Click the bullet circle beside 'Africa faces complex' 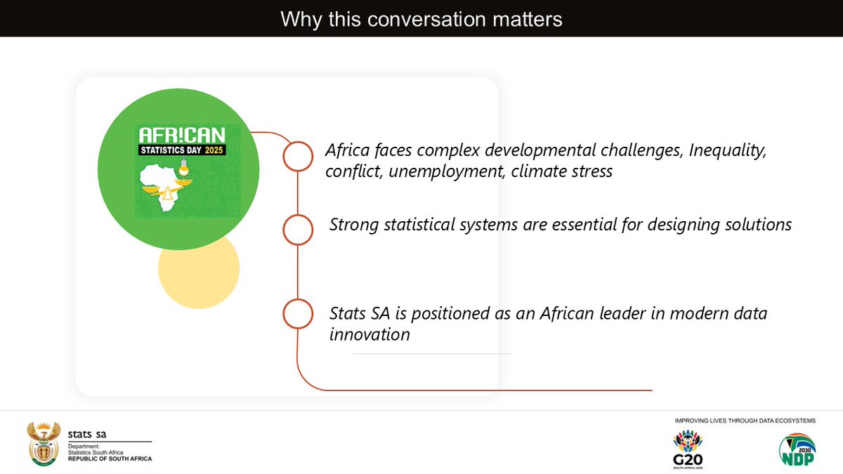(298, 156)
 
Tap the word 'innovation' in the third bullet (370, 334)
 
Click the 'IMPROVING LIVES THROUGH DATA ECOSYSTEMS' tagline (745, 421)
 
